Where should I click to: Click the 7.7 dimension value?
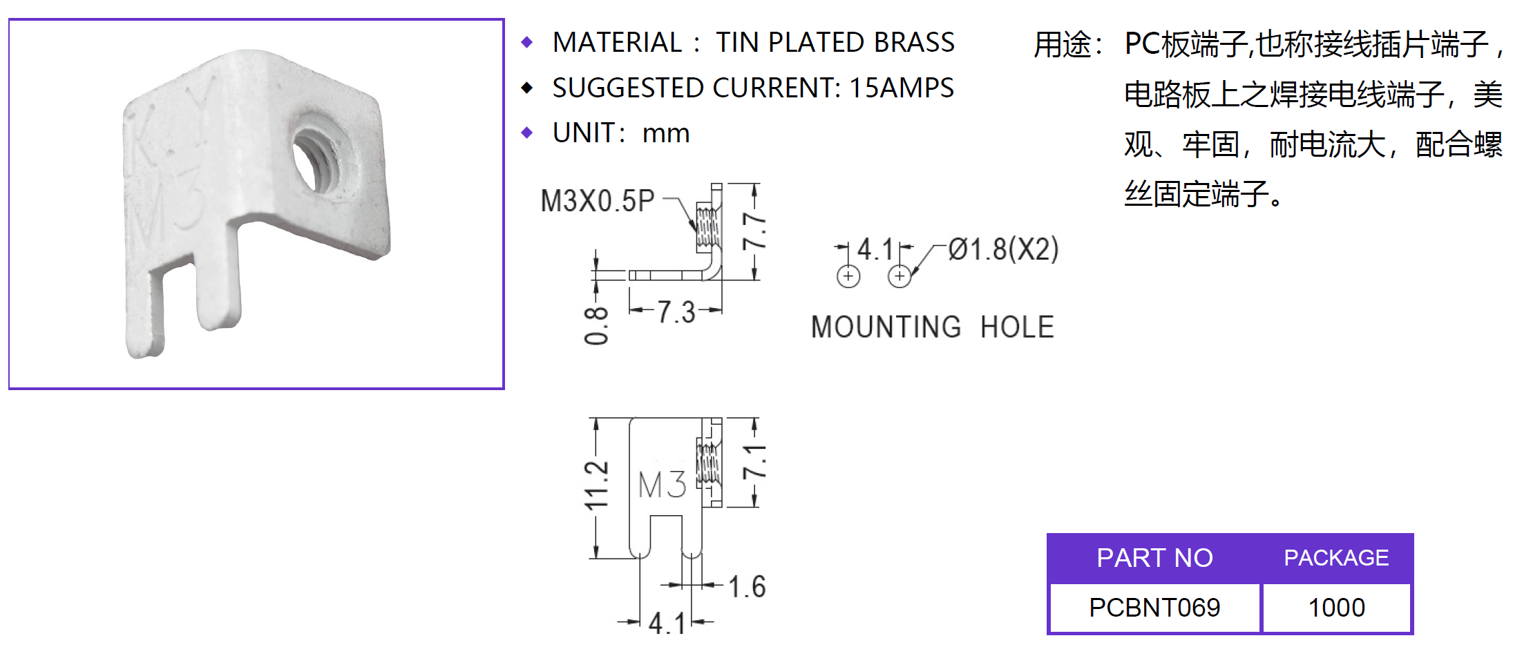754,231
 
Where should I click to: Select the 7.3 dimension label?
676,312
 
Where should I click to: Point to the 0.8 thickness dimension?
596,325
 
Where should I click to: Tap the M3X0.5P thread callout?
597,201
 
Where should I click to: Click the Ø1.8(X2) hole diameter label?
1003,249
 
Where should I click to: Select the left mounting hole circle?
848,276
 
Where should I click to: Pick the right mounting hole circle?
900,276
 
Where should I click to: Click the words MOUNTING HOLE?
933,327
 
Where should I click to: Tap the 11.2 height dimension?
596,485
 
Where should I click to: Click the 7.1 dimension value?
754,462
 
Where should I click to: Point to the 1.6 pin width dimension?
747,586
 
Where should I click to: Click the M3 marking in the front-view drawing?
662,484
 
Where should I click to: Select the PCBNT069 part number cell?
1154,608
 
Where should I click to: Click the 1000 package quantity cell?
1336,608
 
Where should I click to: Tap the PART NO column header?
1154,558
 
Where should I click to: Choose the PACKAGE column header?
1336,558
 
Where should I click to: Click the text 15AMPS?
901,88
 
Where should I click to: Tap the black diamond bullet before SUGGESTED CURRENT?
528,88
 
